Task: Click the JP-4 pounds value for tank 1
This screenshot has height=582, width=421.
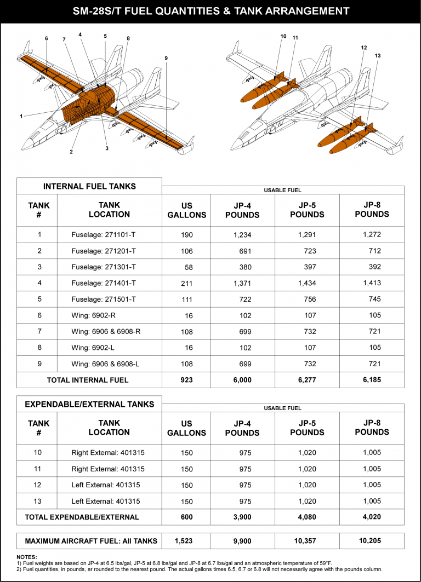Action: (x=242, y=235)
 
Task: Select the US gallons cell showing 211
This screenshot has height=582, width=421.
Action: (x=186, y=283)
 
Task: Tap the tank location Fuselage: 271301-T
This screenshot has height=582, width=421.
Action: (x=104, y=267)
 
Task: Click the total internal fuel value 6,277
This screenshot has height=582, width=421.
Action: (x=306, y=380)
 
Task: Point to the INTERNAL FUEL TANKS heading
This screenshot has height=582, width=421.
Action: (x=89, y=186)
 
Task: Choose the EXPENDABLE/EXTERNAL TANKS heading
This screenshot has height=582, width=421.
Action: (x=89, y=405)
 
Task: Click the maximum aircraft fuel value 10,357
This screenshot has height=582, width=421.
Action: (x=306, y=541)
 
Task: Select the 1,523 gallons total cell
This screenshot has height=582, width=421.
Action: (x=186, y=541)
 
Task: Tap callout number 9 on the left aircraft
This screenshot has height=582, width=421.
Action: (x=166, y=57)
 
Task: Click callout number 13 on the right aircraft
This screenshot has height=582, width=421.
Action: (x=377, y=56)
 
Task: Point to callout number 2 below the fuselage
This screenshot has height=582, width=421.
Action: (x=71, y=152)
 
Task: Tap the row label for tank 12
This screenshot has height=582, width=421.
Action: (x=39, y=486)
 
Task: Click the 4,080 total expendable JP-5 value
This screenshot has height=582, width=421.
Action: (x=306, y=517)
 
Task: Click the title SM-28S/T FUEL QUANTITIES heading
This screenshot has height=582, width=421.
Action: (x=210, y=11)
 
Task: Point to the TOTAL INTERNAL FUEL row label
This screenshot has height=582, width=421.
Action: (x=88, y=380)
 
